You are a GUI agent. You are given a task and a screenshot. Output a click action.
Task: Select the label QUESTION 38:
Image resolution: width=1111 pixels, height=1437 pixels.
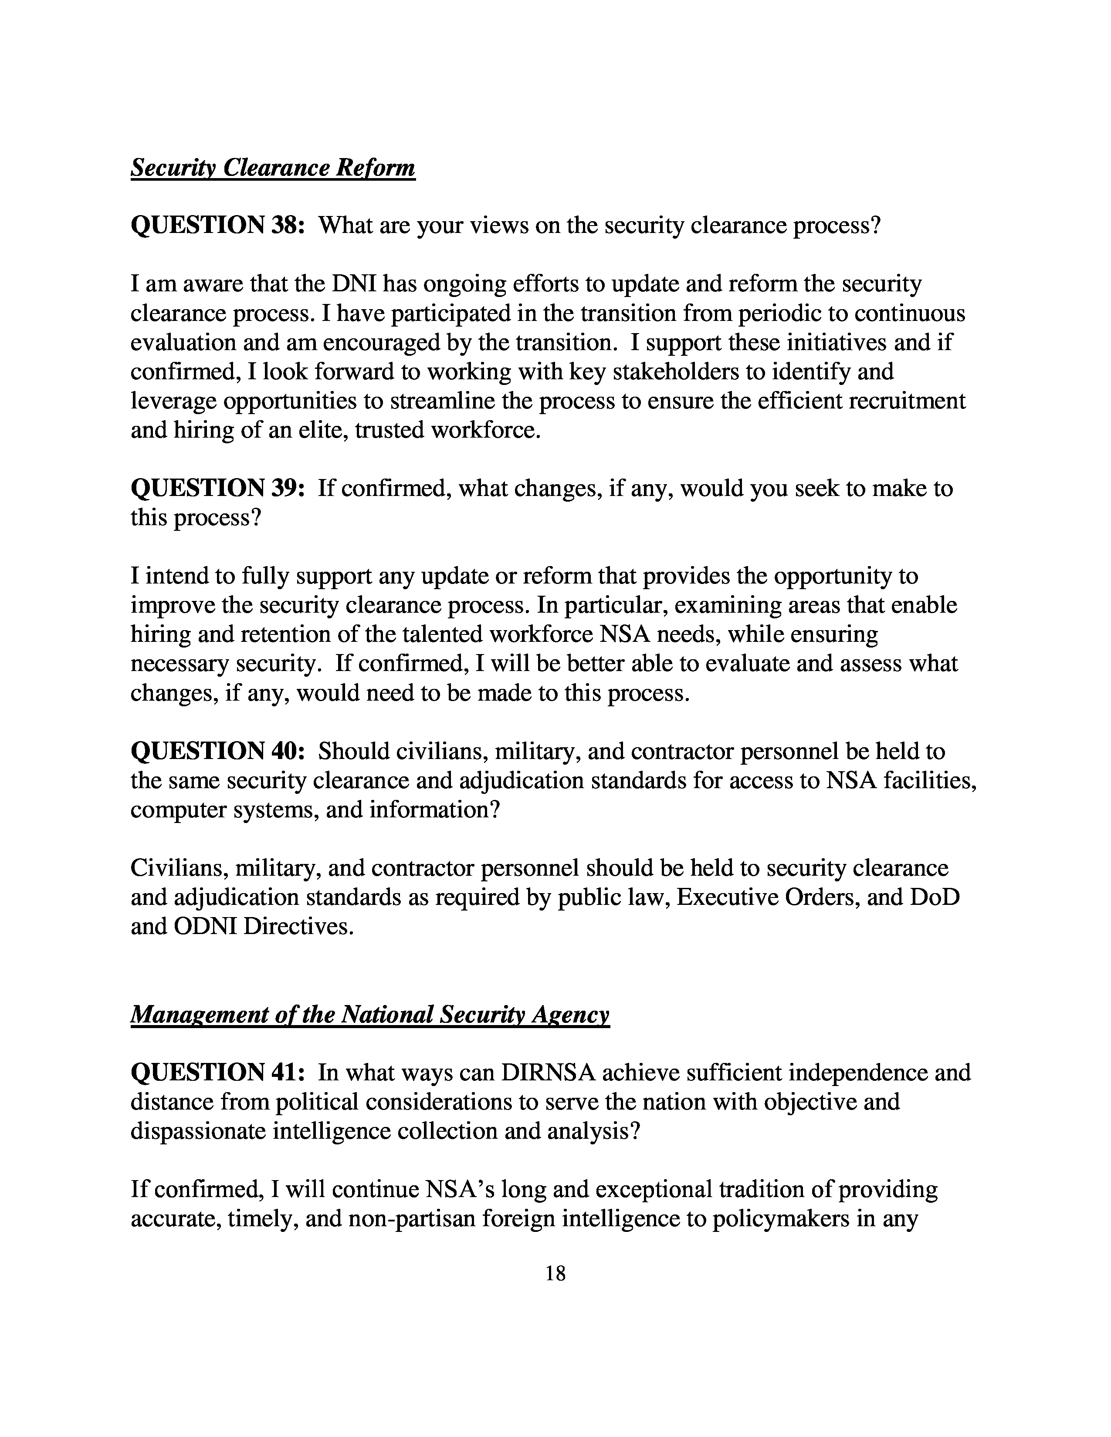coord(218,226)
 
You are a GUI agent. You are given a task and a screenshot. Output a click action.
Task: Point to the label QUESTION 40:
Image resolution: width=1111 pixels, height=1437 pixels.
coord(218,751)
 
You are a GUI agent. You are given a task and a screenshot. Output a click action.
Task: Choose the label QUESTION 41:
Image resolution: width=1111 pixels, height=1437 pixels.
coord(218,1073)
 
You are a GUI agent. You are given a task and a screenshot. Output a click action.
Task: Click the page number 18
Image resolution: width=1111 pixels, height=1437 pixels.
coord(555,1274)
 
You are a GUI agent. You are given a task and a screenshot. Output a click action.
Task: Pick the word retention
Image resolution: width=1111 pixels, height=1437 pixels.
coord(290,634)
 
